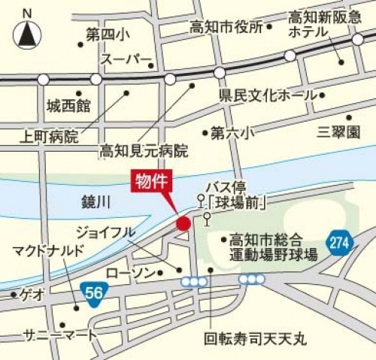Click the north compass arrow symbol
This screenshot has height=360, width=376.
coord(27,34)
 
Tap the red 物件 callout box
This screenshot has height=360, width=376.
coord(153,181)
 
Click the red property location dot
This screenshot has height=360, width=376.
coord(183,223)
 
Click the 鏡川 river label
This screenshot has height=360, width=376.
coord(96,201)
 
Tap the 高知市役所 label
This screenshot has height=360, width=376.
coord(226,27)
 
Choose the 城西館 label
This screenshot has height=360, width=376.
coord(68,104)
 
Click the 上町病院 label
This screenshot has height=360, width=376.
coord(49,137)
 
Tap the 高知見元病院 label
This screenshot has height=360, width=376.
coord(144,151)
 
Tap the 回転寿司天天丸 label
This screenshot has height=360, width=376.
coord(256,340)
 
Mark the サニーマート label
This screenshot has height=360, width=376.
coord(60,334)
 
